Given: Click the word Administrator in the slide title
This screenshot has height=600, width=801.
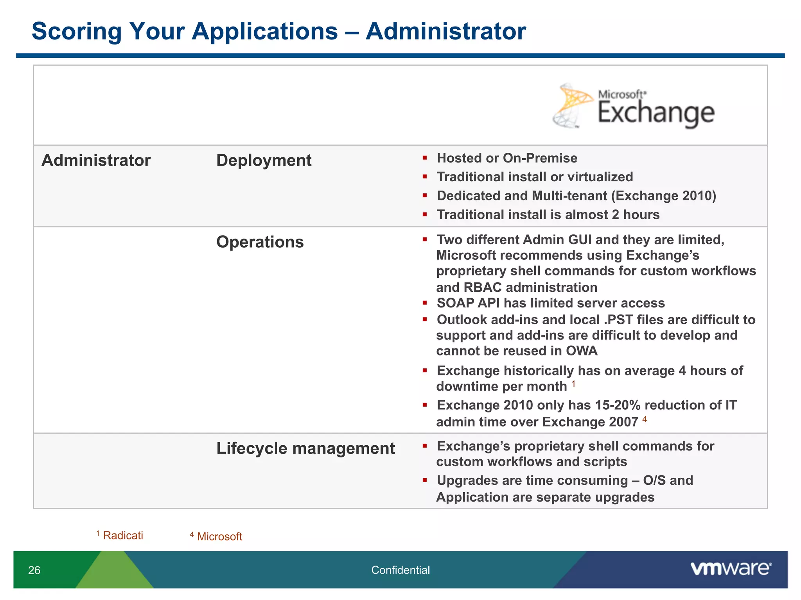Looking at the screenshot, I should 445,31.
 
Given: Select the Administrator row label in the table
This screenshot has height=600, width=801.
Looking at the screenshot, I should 96,161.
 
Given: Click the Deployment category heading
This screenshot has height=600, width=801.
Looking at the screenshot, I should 264,161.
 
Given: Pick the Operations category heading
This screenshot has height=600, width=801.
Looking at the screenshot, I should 260,242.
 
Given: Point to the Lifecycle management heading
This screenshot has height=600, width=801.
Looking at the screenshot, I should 305,448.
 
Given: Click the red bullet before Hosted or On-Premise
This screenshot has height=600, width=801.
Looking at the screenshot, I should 425,158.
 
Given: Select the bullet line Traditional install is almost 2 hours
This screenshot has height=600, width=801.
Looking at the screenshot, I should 548,215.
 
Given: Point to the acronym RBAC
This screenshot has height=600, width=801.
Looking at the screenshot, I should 482,287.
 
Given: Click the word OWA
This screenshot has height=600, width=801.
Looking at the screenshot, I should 582,351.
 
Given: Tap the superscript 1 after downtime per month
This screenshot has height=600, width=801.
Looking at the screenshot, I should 573,384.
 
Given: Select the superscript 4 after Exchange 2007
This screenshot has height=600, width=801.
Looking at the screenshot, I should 645,419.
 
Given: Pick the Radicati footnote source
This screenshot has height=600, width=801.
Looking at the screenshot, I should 122,536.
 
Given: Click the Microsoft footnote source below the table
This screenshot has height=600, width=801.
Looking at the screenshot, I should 219,537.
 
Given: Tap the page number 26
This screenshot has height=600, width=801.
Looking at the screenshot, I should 34,570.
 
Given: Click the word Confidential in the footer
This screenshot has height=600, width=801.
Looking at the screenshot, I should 400,570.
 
